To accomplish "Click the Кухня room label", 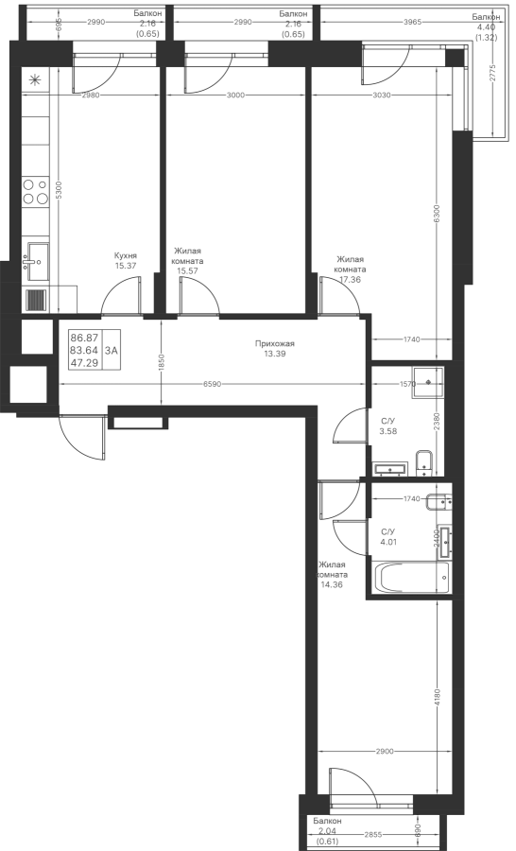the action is coord(126,255).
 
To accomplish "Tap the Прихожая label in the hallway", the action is coord(275,343).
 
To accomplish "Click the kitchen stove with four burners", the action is coord(36,192).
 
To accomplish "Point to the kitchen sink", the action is coord(36,262).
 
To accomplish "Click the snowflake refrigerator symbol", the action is coord(35,81).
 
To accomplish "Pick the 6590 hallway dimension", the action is coord(212,384).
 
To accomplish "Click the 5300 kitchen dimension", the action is coord(60,190).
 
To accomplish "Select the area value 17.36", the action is coord(351,280).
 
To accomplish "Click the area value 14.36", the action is coord(332,585).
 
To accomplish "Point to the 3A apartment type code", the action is coord(112,350).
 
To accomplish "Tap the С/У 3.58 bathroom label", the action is coord(388,427).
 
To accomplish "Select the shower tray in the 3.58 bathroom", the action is coord(428,382).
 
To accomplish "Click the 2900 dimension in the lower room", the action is coord(384,752).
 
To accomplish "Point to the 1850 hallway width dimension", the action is coord(162,362).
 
